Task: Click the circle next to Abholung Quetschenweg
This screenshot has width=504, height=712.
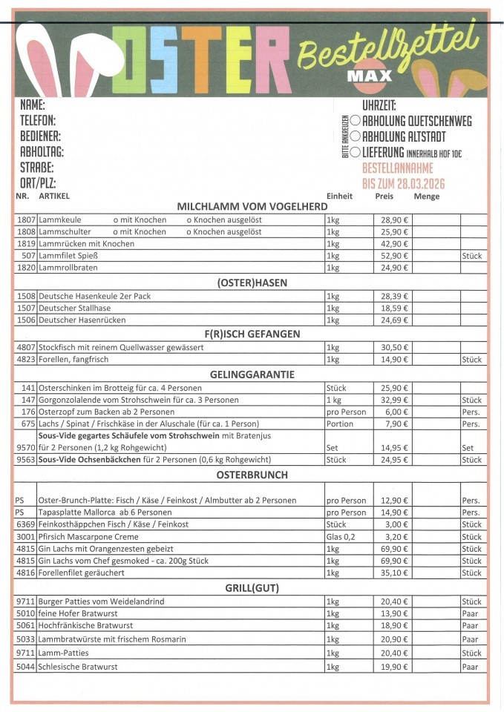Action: tap(356, 121)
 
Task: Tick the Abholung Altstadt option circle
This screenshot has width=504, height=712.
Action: tap(356, 136)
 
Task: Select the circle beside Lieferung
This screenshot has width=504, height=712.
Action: tap(356, 152)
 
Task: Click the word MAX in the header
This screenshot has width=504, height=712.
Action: tap(370, 75)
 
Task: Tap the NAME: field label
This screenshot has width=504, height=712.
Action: tap(33, 105)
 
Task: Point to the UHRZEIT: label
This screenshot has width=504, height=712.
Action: tap(379, 105)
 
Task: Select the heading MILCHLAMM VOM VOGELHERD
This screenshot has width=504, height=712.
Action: tap(252, 206)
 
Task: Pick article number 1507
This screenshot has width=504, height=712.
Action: tap(26, 308)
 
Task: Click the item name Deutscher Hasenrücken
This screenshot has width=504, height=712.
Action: tap(82, 320)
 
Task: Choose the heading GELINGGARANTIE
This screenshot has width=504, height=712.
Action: tap(252, 375)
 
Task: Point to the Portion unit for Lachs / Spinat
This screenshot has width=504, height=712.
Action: tap(340, 423)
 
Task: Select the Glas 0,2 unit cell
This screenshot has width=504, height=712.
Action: tap(341, 536)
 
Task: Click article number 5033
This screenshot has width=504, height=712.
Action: tap(26, 639)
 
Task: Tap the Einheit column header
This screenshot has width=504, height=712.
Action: tap(339, 197)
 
